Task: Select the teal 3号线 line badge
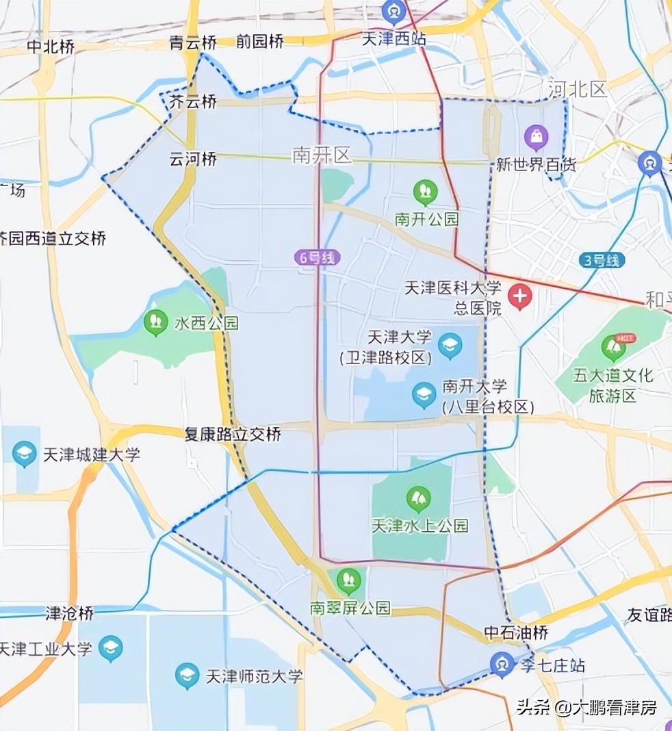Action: point(602,260)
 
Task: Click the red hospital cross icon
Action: point(520,297)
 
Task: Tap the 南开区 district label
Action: point(322,155)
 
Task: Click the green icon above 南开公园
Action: point(426,192)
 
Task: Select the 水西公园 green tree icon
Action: point(156,322)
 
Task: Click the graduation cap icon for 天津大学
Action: point(450,345)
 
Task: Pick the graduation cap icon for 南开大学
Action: point(424,394)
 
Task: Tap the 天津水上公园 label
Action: point(420,526)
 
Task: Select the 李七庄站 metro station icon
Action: point(502,664)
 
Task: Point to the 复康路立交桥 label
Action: point(233,434)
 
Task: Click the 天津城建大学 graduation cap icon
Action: point(25,453)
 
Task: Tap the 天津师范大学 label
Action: point(254,676)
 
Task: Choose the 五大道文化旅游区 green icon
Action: point(613,348)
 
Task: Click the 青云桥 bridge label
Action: point(193,43)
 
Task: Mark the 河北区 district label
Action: point(578,89)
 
